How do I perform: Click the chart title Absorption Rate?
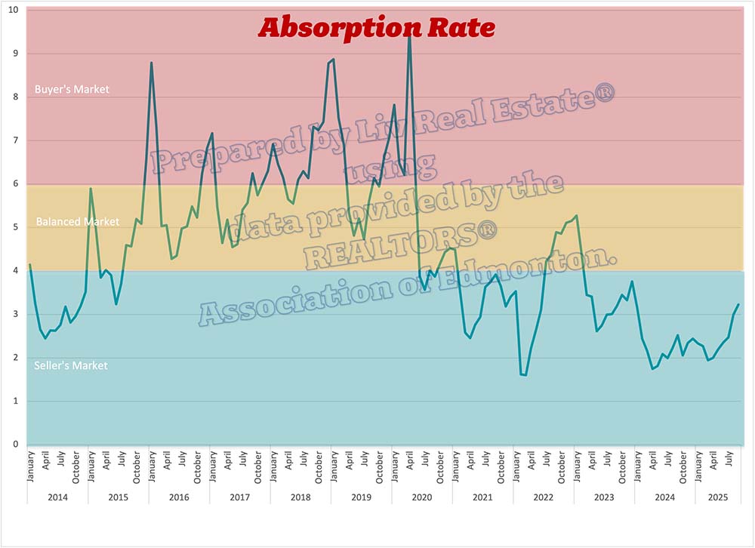point(376,27)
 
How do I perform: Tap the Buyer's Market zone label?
point(72,89)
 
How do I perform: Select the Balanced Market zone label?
point(78,222)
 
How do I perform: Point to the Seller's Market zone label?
point(71,365)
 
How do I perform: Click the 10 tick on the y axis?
point(12,10)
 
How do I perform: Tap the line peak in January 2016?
point(152,63)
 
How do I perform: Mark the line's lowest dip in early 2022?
point(525,375)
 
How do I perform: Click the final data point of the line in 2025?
point(738,304)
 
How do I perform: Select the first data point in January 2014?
point(29,264)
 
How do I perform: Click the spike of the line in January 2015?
point(91,189)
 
